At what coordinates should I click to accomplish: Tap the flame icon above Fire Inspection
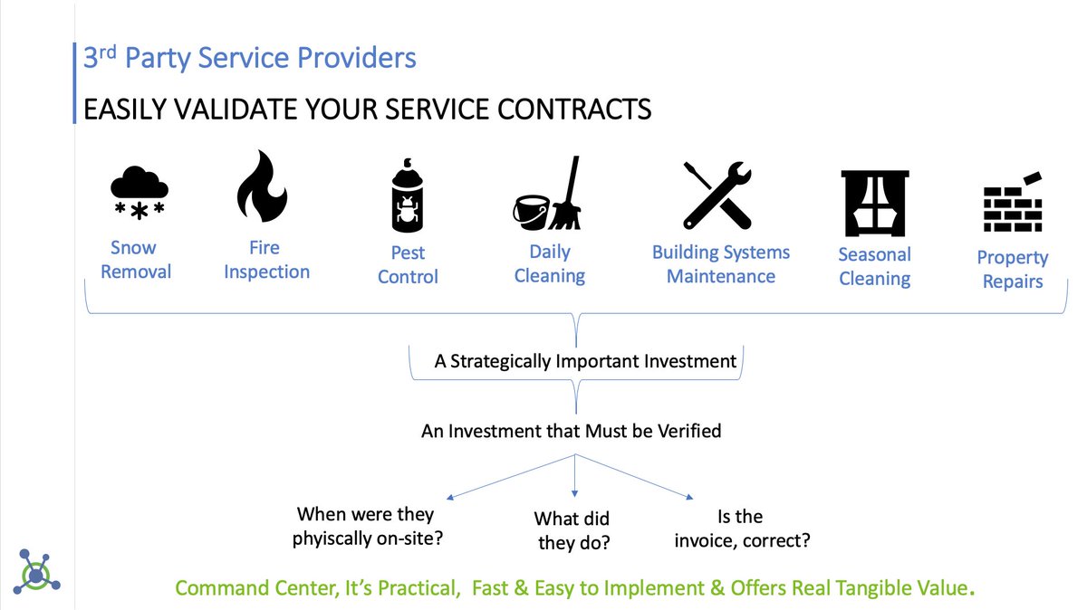[262, 188]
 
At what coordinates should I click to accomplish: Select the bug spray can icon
[407, 196]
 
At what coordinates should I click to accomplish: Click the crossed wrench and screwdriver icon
[717, 195]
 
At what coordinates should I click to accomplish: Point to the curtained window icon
[873, 203]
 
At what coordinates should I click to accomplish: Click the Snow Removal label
[134, 260]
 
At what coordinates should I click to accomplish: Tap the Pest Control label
[408, 264]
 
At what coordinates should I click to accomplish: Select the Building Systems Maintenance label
[721, 264]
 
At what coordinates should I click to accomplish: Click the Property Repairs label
[1012, 270]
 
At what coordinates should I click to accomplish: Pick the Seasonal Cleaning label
[874, 266]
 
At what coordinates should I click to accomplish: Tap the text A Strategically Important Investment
[585, 361]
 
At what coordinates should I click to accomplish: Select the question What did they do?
[572, 530]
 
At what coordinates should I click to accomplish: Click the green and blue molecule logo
[35, 570]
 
